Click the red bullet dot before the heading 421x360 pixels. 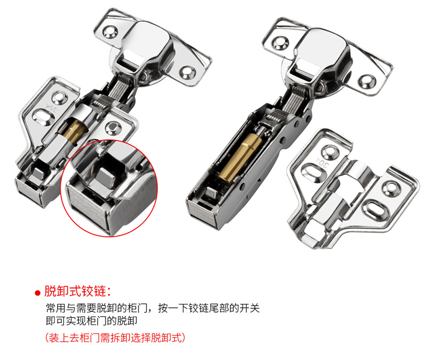tap(38, 293)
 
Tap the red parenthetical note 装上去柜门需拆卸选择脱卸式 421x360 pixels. tap(115, 338)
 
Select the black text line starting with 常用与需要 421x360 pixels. tap(153, 308)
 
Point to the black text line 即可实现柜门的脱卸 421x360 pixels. tap(92, 321)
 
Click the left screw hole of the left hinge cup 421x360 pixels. tap(110, 32)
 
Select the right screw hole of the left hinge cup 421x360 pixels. tap(188, 73)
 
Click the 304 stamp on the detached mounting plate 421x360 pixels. tap(323, 163)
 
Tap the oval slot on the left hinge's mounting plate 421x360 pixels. tap(43, 116)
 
